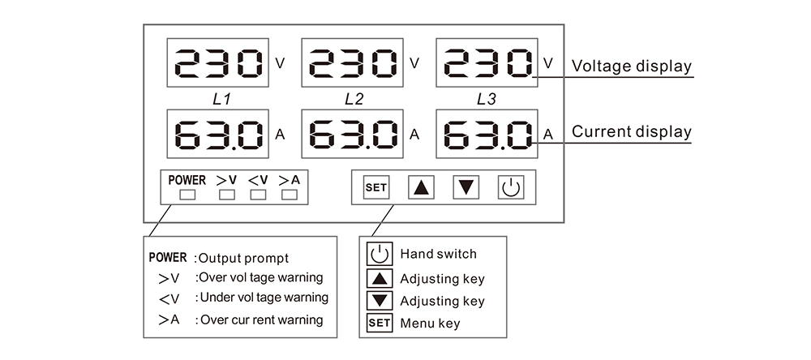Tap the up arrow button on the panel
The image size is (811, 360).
point(420,188)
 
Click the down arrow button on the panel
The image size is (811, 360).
point(466,188)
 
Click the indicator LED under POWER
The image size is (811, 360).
point(187,195)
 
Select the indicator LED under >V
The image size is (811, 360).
point(227,195)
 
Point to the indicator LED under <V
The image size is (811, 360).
point(258,195)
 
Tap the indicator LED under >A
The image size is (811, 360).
point(289,195)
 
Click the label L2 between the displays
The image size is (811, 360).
point(354,99)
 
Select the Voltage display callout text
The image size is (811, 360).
point(632,66)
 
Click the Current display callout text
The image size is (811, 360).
point(632,131)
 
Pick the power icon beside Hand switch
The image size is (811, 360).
point(380,255)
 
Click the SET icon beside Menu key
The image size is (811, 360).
point(380,324)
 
